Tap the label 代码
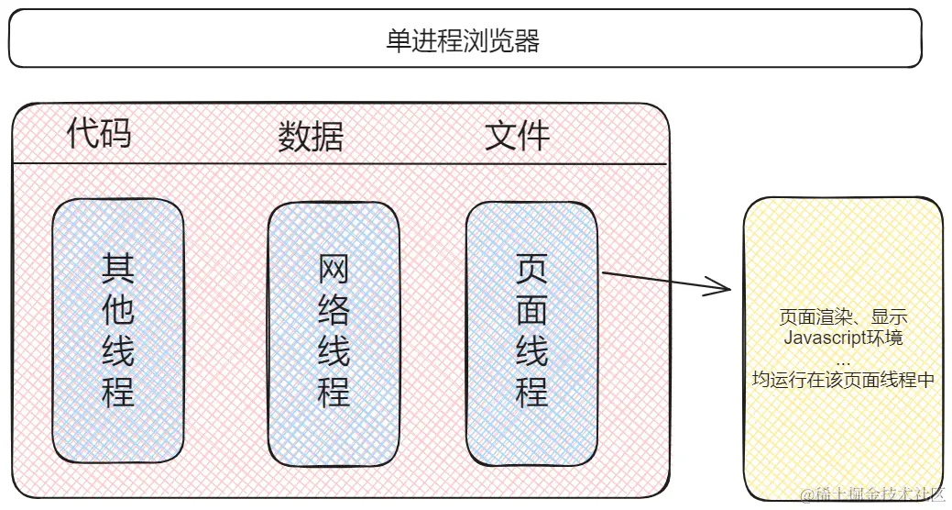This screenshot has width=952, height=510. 99,134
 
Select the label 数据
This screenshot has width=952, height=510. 311,137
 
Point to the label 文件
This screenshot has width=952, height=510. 517,136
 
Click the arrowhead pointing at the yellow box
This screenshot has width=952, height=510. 724,290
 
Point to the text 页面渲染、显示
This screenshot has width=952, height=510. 843,317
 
